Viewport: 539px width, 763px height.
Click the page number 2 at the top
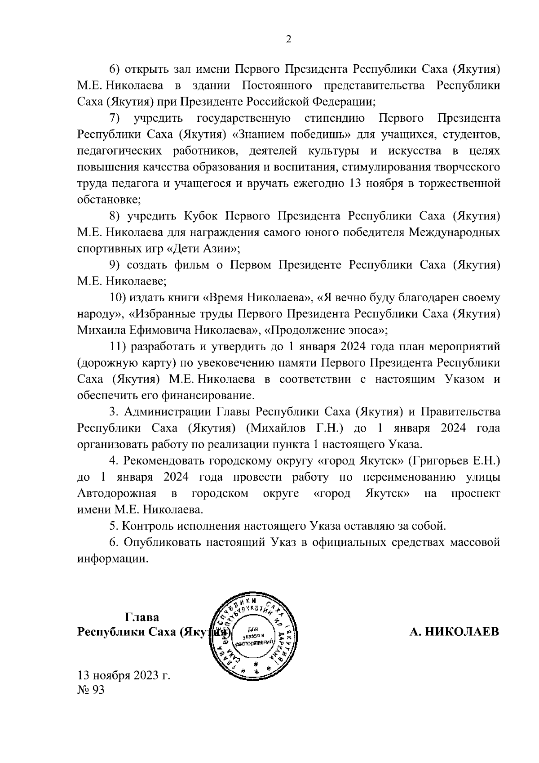tap(289, 40)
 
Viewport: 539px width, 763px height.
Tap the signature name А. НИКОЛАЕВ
tap(454, 632)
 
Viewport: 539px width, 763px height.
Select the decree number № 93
tap(91, 690)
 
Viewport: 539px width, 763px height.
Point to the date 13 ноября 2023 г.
tap(124, 675)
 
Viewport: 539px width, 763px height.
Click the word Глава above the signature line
tap(142, 617)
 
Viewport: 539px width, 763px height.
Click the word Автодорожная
tap(117, 493)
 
